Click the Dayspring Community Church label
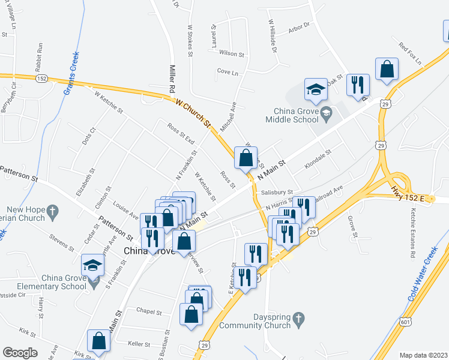pos(255,321)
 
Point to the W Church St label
pos(193,113)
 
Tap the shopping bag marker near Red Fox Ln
pos(387,70)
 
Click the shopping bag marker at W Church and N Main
pos(246,158)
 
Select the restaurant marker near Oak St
pos(358,85)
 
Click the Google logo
pos(20,353)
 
